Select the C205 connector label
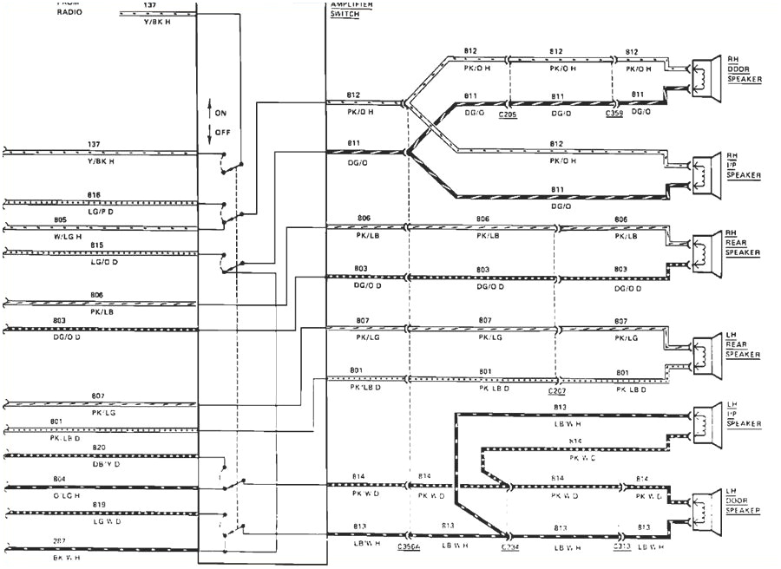(x=509, y=113)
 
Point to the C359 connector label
(x=616, y=113)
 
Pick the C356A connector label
(x=410, y=548)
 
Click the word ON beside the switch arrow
(x=221, y=113)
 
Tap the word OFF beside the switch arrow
(x=222, y=132)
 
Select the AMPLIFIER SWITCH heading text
(x=351, y=10)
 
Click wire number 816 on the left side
(x=95, y=195)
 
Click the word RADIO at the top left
(x=69, y=13)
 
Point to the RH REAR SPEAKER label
(x=744, y=244)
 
